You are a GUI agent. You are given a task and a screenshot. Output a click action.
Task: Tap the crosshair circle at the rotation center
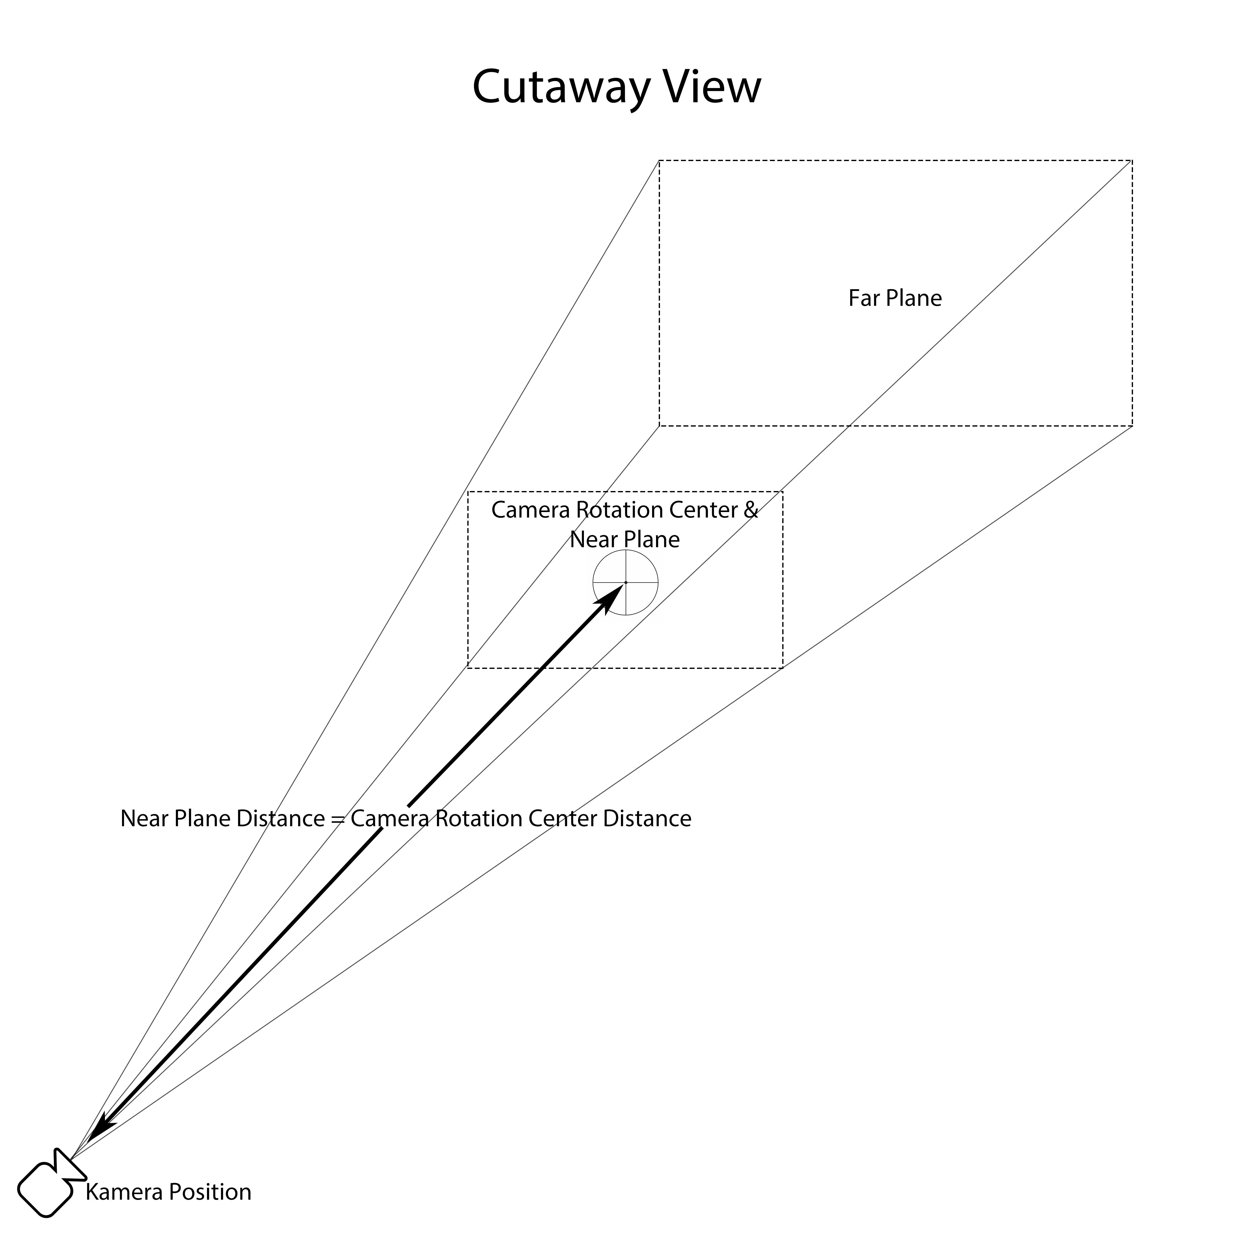(625, 582)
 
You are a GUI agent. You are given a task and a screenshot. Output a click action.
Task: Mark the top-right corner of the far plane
(1132, 161)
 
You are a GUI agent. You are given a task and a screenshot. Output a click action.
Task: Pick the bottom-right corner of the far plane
(1132, 426)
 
